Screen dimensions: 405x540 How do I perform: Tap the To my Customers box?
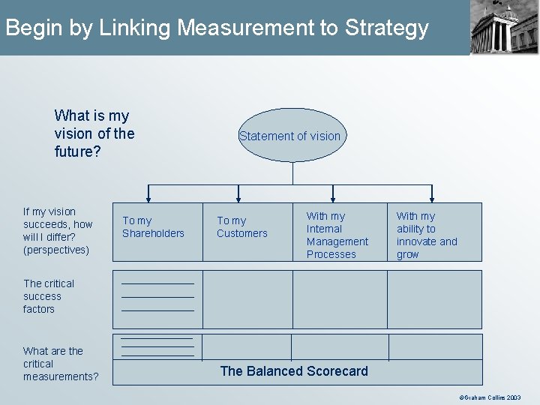(247, 231)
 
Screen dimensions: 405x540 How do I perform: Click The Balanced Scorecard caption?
(294, 371)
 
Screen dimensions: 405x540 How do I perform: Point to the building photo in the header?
(505, 28)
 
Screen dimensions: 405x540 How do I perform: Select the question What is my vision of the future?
(94, 132)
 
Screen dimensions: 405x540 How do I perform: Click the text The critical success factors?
(49, 296)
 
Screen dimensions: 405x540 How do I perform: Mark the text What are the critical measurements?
(61, 364)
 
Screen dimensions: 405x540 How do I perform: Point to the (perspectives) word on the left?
(56, 250)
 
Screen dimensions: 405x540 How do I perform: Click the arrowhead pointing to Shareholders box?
(148, 199)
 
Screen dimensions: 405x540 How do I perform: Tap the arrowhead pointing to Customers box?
(238, 199)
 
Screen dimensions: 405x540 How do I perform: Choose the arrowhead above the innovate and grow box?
(433, 199)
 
